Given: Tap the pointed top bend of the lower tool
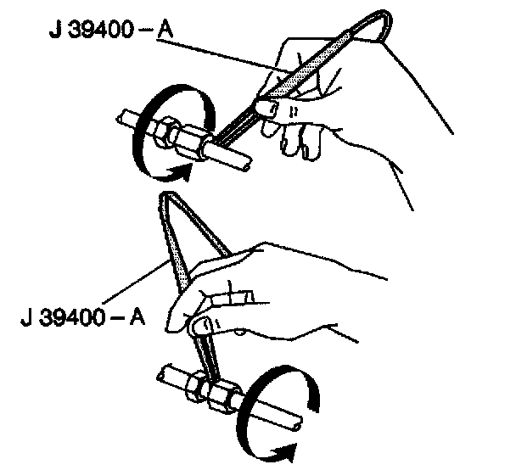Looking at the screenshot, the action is point(166,197).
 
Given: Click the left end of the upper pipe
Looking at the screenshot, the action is point(123,118).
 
